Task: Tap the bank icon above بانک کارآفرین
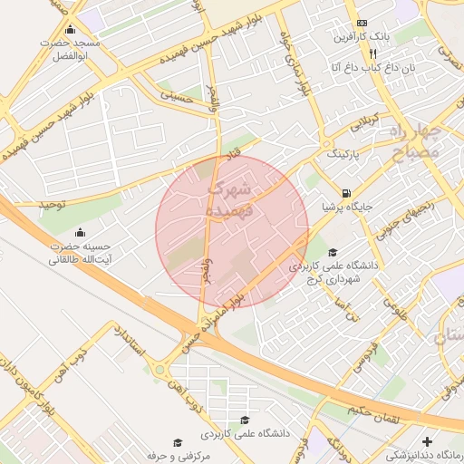coord(362,23)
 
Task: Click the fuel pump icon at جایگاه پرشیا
coord(347,192)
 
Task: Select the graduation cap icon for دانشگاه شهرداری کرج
coord(333,253)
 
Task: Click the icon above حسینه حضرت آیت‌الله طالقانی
coord(80,231)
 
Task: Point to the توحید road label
coord(52,205)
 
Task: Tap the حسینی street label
coord(179,93)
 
